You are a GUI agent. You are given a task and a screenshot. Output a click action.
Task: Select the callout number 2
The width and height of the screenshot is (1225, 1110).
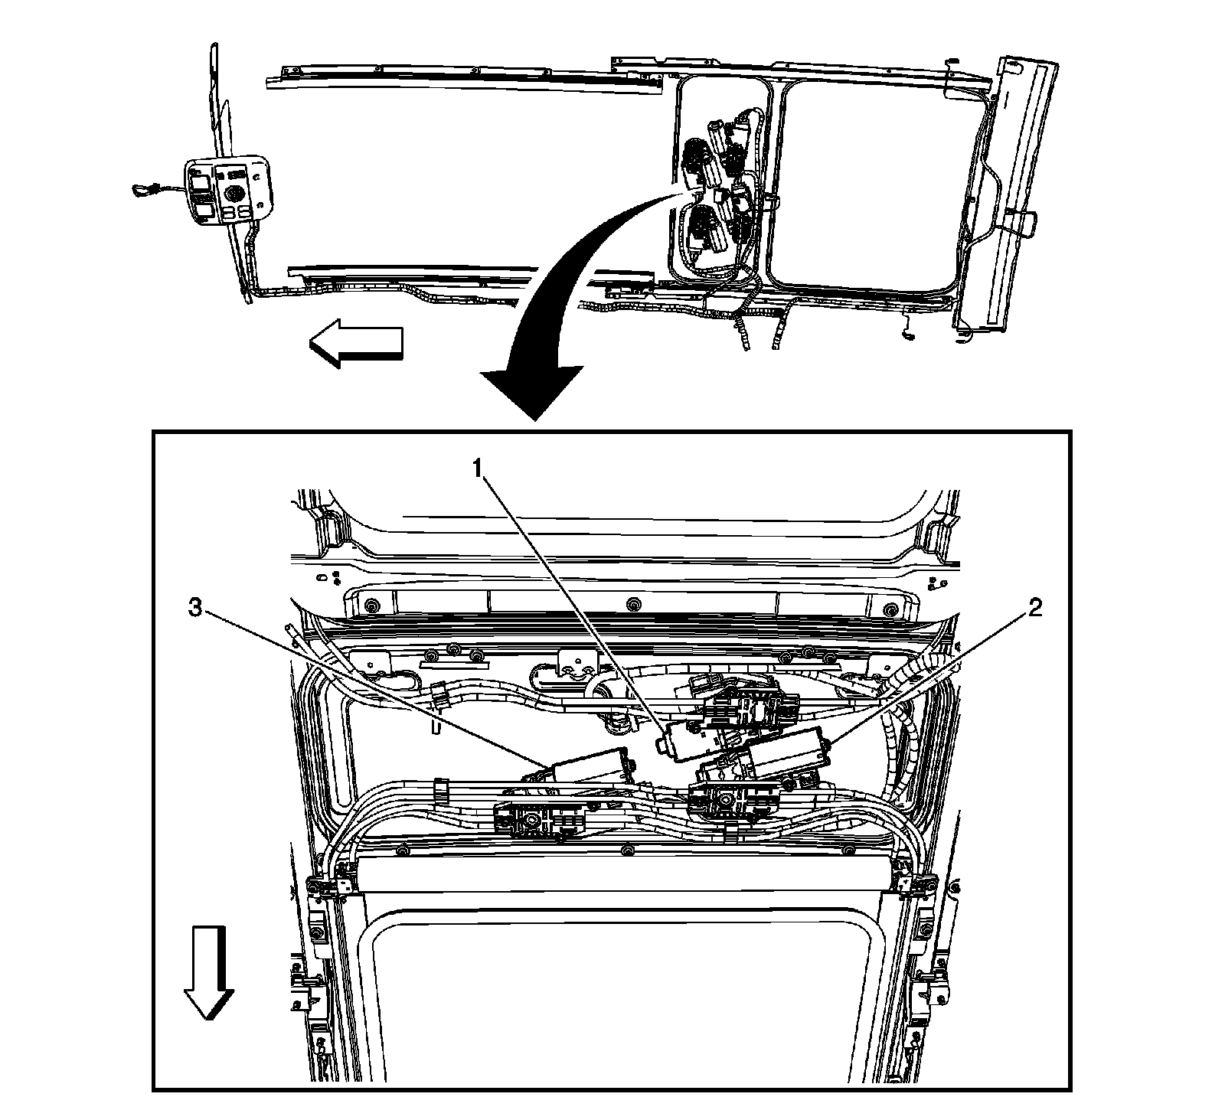pos(1034,609)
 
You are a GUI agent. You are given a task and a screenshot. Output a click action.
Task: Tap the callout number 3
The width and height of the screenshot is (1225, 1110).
pos(196,609)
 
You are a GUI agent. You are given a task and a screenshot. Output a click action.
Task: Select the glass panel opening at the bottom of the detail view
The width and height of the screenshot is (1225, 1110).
pos(628,995)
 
